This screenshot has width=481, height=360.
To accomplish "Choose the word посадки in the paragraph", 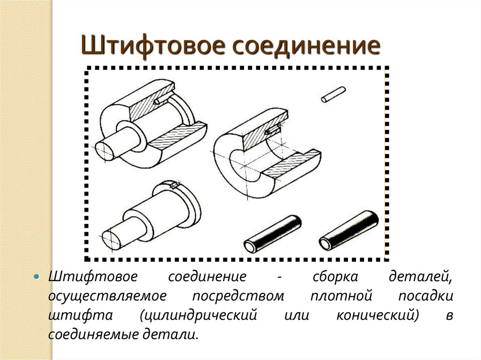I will point(426,296).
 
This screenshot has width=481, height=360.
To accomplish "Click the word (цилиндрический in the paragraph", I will point(198,315).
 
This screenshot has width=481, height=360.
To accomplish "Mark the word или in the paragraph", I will point(296,315).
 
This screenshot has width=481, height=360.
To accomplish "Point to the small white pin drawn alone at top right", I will point(334,94).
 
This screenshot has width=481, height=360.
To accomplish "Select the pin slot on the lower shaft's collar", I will point(175,185).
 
